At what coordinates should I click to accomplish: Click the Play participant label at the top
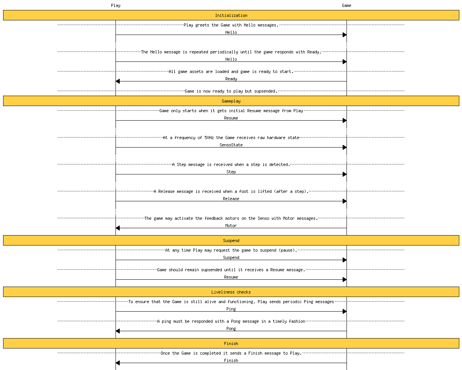coord(115,5)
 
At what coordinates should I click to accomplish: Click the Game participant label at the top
coord(346,5)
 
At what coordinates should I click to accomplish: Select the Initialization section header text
coord(231,15)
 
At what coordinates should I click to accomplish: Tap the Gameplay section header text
coord(231,101)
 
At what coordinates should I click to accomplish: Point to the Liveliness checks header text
coord(231,292)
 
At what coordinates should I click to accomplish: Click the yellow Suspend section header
coord(231,241)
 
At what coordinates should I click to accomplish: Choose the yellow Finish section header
coord(231,343)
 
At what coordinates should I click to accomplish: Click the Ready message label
coord(231,79)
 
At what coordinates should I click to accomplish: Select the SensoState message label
coord(231,145)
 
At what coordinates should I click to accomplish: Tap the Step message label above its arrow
coord(231,172)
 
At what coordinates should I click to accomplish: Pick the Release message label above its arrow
coord(231,199)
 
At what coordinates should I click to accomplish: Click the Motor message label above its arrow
coord(231,226)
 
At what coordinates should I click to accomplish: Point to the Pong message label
coord(231,329)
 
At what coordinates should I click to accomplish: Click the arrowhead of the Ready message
coord(118,81)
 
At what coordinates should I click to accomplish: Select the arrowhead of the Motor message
coord(118,228)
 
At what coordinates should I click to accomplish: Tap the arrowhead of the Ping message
coord(345,311)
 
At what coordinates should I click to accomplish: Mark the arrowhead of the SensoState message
coord(345,147)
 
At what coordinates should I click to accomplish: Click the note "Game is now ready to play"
coord(231,91)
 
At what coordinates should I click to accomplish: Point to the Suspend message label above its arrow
coord(231,257)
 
